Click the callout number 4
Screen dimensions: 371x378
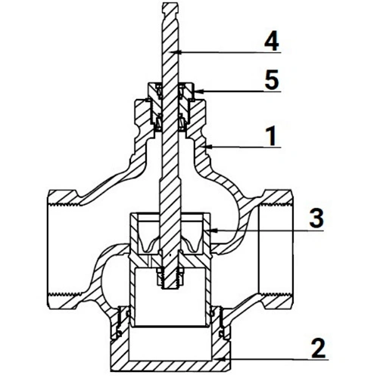272,41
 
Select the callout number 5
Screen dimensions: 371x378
272,80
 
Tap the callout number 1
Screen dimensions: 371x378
271,136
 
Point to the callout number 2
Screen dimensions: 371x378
319,349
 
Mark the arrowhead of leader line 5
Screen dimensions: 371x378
198,91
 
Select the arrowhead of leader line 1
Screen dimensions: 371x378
208,147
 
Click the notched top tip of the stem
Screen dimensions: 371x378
170,3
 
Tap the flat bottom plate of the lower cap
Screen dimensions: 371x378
170,365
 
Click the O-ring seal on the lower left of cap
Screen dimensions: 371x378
119,334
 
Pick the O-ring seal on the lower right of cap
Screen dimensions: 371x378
222,334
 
